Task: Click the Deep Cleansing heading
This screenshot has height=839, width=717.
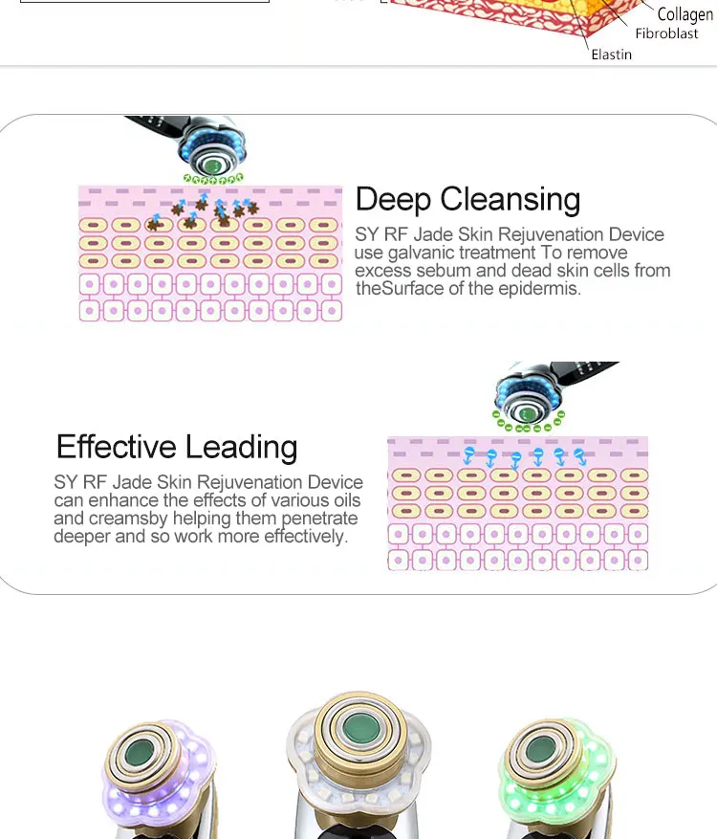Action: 467,200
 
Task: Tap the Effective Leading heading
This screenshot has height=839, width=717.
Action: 177,447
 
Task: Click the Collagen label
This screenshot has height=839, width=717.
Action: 684,15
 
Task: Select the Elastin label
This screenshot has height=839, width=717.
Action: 611,55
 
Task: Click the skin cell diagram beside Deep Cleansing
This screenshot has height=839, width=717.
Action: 209,254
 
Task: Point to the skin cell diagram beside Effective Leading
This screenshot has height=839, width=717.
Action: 517,503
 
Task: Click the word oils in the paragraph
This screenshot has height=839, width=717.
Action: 343,500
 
